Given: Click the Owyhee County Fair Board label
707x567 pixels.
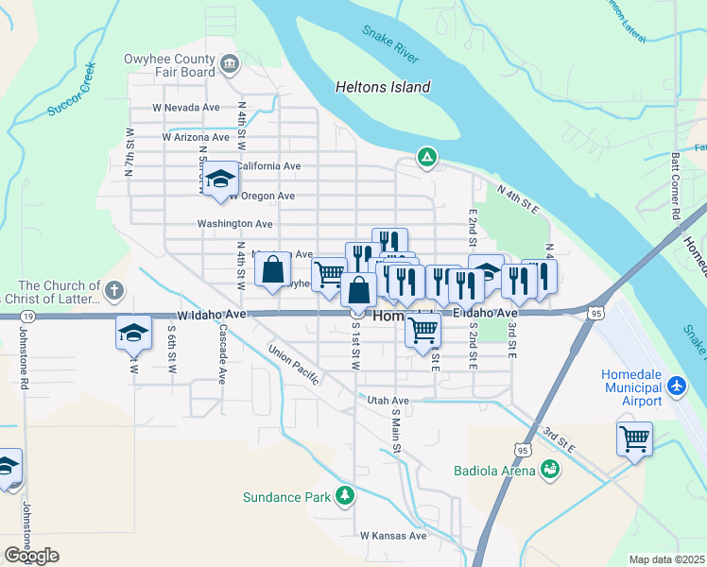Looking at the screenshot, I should (x=169, y=64).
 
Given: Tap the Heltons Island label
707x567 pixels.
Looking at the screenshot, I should (x=383, y=87).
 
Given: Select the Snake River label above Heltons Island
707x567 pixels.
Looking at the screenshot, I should (x=390, y=44).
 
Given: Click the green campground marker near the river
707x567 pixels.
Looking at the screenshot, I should (x=427, y=157).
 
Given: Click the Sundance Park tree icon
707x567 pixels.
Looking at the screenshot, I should (x=346, y=495).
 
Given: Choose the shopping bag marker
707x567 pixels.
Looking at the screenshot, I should (x=272, y=269).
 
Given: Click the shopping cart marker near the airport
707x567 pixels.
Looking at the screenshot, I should (x=634, y=438).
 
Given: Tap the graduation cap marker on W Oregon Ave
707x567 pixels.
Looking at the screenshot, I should (x=220, y=178).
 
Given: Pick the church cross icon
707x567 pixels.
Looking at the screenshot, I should (x=113, y=290).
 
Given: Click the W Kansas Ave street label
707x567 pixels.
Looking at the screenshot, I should (x=393, y=536).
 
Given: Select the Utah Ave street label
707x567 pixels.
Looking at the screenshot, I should (x=388, y=401).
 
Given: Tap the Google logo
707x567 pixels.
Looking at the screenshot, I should (x=30, y=555).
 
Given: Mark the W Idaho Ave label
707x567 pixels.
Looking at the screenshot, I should (x=210, y=313).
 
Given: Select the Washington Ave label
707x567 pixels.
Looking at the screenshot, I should (x=234, y=224).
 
